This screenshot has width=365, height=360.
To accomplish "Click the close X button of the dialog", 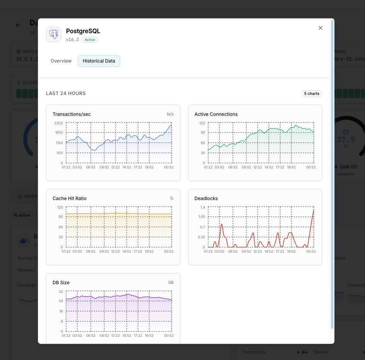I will tap(320, 28).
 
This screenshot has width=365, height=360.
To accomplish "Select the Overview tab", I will tap(61, 61).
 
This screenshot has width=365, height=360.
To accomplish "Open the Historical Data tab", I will tap(99, 61).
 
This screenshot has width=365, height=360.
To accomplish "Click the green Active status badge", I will tap(90, 40).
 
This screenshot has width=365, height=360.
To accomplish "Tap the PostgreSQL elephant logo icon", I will tap(54, 34).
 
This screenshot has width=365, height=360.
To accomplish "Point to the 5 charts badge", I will tap(312, 93).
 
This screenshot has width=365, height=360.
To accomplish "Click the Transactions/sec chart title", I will tap(71, 114).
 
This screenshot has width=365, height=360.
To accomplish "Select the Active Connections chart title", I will tap(216, 114).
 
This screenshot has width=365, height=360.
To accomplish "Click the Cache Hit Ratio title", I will tap(70, 199).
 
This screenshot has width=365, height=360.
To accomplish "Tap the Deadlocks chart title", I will tap(206, 199).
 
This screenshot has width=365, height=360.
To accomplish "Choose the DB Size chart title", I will tap(61, 283).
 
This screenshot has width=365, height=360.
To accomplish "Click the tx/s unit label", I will tap(170, 114).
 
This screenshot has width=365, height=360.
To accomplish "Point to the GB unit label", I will tap(171, 283).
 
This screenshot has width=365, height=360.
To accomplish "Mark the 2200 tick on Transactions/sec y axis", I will tap(58, 123).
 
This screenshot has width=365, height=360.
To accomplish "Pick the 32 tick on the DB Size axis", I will tap(61, 292).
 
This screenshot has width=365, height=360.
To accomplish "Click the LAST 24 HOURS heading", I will tap(66, 93).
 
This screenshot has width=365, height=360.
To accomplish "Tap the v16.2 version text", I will tap(72, 40).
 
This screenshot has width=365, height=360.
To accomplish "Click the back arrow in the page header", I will tap(18, 25).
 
